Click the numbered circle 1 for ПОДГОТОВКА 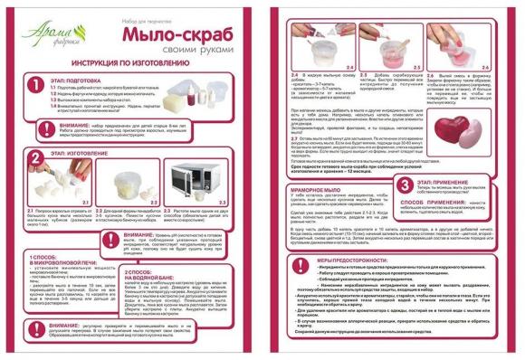(x=34, y=84)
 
